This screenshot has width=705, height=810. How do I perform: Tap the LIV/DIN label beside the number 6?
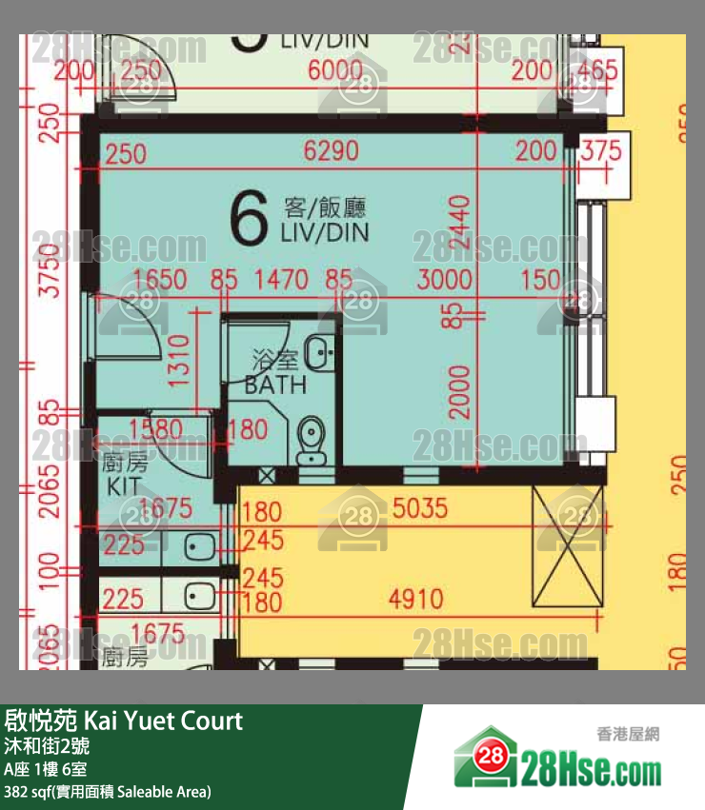(324, 220)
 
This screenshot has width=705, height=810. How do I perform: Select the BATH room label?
(275, 374)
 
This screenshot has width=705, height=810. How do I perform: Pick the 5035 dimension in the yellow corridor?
(419, 508)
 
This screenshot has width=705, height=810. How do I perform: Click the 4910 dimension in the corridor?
(415, 600)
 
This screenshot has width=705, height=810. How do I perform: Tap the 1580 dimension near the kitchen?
(156, 429)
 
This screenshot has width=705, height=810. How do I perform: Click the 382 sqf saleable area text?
(108, 792)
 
